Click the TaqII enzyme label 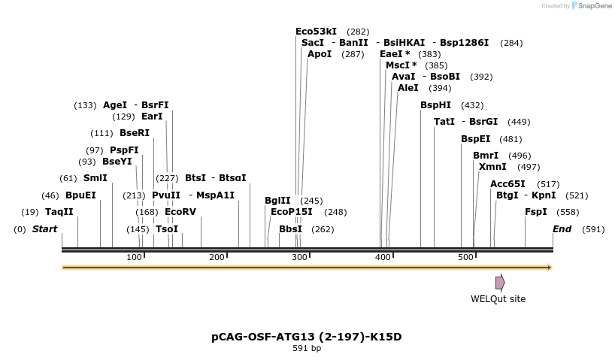(x=59, y=212)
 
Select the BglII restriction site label (x=277, y=201)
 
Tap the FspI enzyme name (x=536, y=212)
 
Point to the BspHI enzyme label (x=435, y=105)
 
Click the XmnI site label (x=492, y=167)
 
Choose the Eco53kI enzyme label (x=316, y=32)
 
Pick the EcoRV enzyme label (x=180, y=212)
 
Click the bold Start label (x=44, y=229)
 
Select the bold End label (x=562, y=229)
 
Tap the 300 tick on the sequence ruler (x=299, y=258)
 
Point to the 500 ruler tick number (x=465, y=258)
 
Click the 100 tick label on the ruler (x=134, y=258)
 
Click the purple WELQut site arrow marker (x=500, y=283)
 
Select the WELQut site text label (x=498, y=299)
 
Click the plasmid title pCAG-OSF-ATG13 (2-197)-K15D (x=307, y=337)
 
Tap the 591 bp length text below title (x=307, y=349)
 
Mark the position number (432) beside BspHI (x=472, y=105)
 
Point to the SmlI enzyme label (x=95, y=178)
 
